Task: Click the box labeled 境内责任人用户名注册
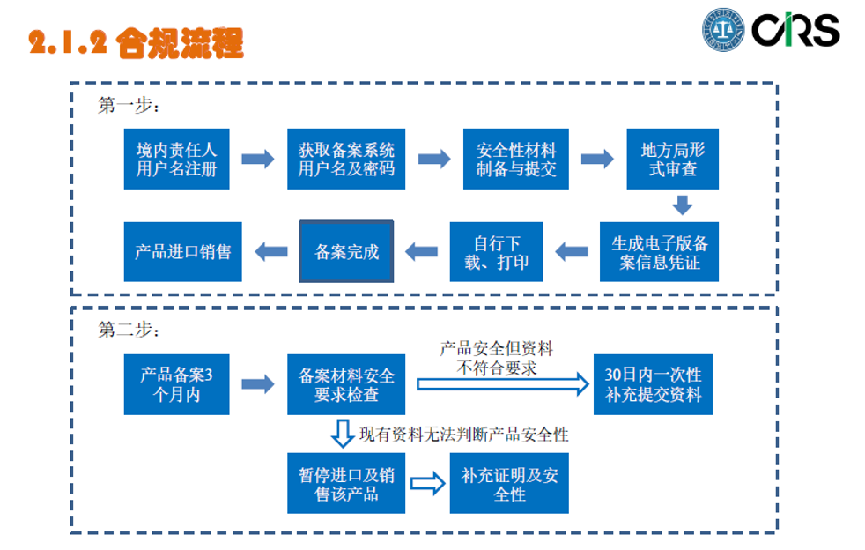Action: pos(176,159)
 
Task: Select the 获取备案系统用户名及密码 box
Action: pos(346,159)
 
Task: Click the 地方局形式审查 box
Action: pos(673,159)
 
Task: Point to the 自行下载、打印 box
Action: pos(497,251)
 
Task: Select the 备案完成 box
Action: pos(346,251)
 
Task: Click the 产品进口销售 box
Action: pos(182,251)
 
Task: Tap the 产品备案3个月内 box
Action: pos(176,384)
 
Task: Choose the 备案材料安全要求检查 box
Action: pos(346,384)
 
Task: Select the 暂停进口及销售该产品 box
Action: pos(346,483)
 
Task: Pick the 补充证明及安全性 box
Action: pos(509,483)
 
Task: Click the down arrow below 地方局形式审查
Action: pos(682,204)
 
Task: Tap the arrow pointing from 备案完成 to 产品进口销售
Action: pos(270,251)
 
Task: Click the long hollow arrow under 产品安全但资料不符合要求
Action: pos(501,383)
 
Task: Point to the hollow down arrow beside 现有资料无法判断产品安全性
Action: pos(342,433)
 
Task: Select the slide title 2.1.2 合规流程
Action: pos(136,42)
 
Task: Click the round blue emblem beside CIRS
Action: pos(723,30)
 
